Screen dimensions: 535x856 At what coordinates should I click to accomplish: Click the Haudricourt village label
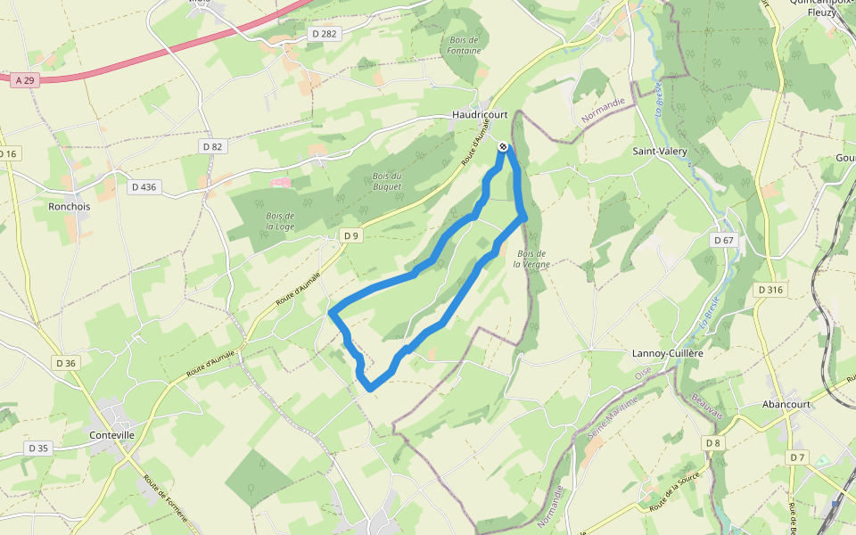tap(479, 115)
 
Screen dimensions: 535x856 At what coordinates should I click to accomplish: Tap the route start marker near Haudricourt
tap(504, 146)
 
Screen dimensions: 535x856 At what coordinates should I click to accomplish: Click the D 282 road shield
tap(325, 34)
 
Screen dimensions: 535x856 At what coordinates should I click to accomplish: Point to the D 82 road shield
tap(212, 146)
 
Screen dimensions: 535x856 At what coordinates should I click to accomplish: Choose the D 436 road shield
tap(143, 187)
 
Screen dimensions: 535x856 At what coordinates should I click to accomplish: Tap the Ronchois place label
tap(69, 206)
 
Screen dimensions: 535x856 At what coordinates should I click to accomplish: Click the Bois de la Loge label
tap(279, 220)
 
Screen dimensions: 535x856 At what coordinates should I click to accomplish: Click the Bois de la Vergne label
tap(531, 259)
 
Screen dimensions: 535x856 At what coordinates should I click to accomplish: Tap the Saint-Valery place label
tap(660, 152)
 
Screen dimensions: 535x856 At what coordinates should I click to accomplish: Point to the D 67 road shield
tap(723, 241)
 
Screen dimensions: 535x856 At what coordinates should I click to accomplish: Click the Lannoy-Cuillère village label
tap(667, 354)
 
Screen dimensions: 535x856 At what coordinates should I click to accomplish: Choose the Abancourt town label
tap(785, 404)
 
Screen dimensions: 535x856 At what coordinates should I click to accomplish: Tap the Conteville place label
tap(112, 435)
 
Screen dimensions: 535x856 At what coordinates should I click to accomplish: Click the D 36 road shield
tap(66, 363)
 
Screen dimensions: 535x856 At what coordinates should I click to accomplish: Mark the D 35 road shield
tap(37, 448)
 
